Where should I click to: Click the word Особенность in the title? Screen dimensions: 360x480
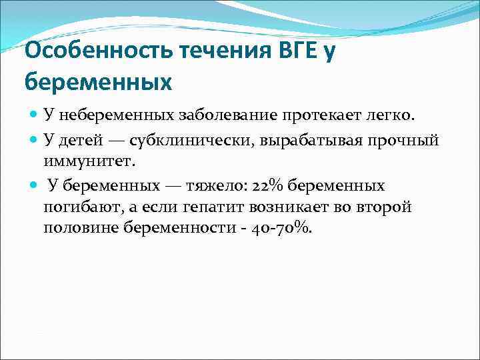click(x=86, y=51)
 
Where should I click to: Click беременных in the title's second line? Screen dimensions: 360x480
click(x=98, y=82)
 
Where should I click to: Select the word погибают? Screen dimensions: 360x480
click(x=79, y=207)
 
